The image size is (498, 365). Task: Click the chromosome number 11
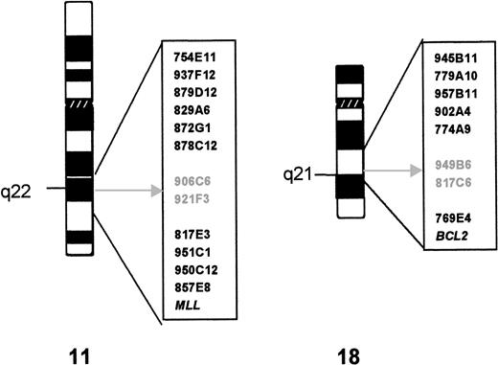coord(79,346)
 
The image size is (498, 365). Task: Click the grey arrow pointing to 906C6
coord(124,191)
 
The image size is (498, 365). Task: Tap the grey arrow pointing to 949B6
coord(389,171)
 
